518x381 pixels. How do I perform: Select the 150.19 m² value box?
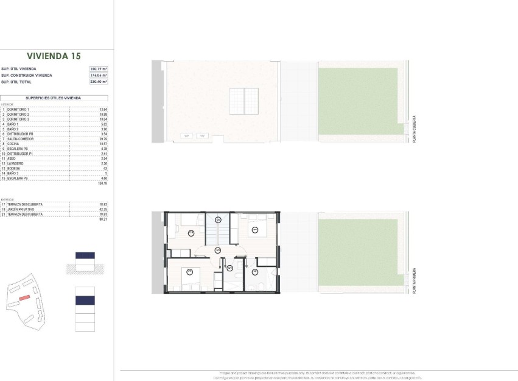[x=99, y=69]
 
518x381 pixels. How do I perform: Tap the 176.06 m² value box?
[x=99, y=75]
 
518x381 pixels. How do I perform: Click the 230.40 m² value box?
[x=99, y=81]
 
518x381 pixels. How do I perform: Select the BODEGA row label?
[x=15, y=168]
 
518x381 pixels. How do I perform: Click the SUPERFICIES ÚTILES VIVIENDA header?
[x=54, y=98]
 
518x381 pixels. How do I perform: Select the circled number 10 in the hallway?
[x=218, y=250]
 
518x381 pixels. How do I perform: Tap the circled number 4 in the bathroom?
[x=253, y=272]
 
